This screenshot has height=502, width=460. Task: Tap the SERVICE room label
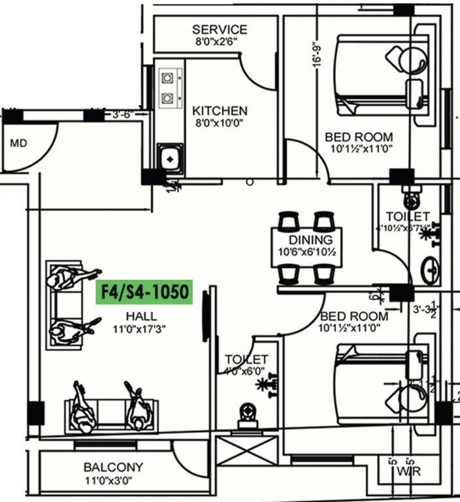click(x=220, y=29)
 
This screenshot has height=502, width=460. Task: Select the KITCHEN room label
click(x=220, y=111)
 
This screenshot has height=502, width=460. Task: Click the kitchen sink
click(x=169, y=158)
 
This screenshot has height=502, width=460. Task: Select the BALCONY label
click(x=113, y=467)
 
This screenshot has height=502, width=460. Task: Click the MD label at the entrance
click(x=18, y=143)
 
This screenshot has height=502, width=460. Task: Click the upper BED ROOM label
click(x=359, y=137)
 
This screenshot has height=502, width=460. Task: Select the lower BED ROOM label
click(x=353, y=317)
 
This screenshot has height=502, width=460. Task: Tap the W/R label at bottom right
click(x=407, y=471)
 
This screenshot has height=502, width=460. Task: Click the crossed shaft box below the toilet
click(x=246, y=450)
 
